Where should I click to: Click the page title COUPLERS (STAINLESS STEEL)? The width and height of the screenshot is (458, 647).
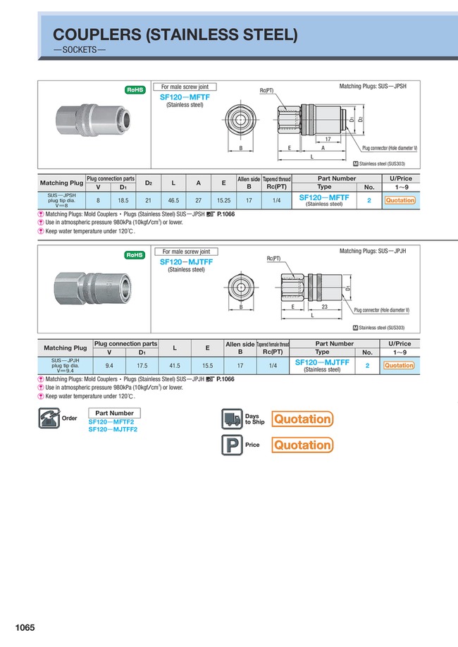[x=175, y=35]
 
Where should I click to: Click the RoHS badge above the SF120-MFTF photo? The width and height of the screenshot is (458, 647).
[x=135, y=90]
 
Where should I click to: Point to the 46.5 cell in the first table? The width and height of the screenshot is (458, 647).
[x=173, y=200]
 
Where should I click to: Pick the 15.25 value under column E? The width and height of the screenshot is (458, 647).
[x=223, y=200]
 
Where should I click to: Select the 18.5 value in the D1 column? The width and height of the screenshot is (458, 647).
[x=123, y=200]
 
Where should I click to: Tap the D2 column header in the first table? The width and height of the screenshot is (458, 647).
[x=149, y=183]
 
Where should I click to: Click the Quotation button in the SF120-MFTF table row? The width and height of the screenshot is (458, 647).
[x=400, y=200]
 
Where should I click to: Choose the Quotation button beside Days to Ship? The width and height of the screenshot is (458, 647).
[x=302, y=419]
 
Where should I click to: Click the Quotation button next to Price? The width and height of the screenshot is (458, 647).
[x=302, y=445]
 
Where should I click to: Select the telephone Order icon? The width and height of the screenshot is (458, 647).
[x=48, y=418]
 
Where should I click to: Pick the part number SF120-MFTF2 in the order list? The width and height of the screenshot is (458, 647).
[x=111, y=422]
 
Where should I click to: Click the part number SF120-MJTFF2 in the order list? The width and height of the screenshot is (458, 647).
[x=113, y=429]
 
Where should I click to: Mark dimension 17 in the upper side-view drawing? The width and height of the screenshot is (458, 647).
[x=328, y=140]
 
